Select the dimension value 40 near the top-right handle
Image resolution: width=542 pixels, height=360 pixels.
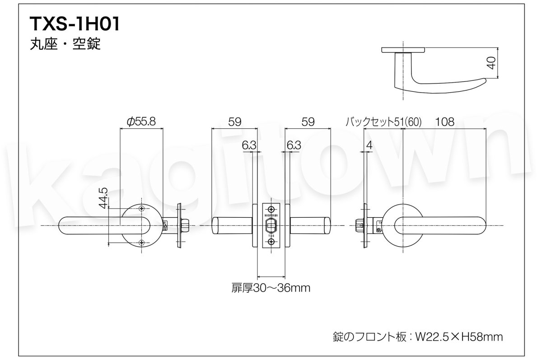pos(492,62)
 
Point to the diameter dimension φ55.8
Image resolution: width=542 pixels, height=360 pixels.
pos(141,122)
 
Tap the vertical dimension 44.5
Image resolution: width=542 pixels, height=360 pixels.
pos(103,198)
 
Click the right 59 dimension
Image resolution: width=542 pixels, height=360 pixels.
pos(307,122)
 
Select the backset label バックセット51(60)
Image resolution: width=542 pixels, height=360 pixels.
pos(383,122)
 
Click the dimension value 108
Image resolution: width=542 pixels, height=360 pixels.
pos(444,122)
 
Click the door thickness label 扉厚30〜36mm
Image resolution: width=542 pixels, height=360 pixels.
pos(271,288)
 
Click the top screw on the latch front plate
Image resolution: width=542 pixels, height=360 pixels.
pos(271,209)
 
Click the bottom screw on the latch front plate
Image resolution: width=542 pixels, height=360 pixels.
pos(271,243)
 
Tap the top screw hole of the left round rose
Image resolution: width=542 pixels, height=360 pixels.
pos(142,208)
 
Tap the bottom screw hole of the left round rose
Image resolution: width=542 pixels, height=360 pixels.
pos(142,243)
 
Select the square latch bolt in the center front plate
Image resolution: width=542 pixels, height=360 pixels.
pos(271,225)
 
